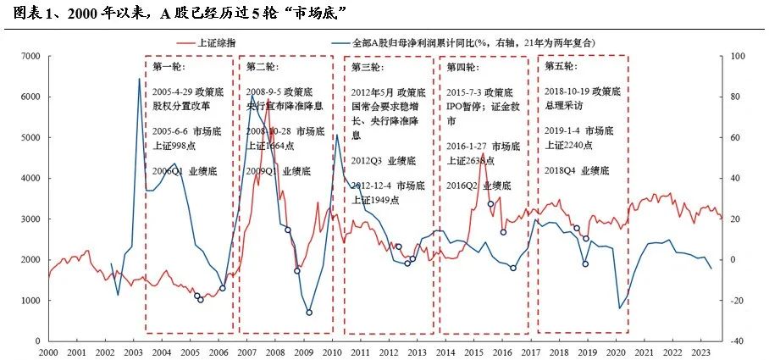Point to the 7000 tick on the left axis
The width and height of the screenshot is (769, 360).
click(30, 57)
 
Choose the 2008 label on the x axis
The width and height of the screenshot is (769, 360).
click(275, 352)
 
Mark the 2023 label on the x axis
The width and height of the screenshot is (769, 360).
click(702, 352)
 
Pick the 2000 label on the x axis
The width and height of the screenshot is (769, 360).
click(47, 352)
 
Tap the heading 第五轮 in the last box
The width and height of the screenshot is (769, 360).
click(562, 66)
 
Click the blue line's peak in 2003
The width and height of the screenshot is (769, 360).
click(139, 79)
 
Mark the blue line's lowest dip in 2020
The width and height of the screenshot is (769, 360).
click(620, 308)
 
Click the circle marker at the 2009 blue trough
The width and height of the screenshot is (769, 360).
click(309, 313)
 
